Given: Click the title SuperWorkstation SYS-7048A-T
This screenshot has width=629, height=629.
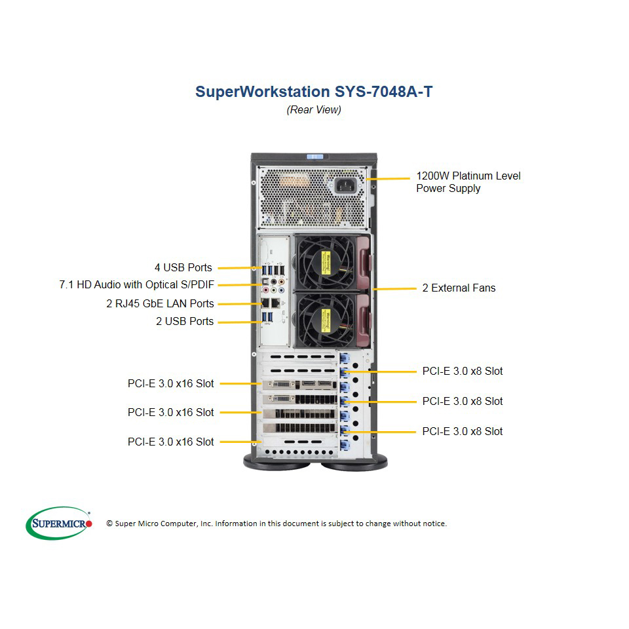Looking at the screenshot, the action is pyautogui.click(x=314, y=92).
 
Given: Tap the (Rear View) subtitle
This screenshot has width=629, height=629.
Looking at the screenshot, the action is pyautogui.click(x=314, y=109).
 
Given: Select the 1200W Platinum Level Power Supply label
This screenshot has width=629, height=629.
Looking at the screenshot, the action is pyautogui.click(x=468, y=182).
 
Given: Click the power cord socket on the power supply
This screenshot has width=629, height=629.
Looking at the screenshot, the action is pyautogui.click(x=345, y=185).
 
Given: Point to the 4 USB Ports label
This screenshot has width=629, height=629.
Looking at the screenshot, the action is pyautogui.click(x=183, y=267).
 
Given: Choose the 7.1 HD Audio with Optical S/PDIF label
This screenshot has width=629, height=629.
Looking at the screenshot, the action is pyautogui.click(x=137, y=285).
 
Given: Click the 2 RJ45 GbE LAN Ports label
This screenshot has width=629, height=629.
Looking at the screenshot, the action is pyautogui.click(x=160, y=303).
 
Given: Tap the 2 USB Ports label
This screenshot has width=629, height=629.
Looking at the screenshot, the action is pyautogui.click(x=185, y=321).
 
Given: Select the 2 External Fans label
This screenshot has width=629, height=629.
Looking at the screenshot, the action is pyautogui.click(x=459, y=288).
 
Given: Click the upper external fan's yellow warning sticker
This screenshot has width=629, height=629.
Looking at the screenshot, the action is pyautogui.click(x=326, y=262).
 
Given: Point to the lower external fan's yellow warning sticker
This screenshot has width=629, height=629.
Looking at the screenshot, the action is pyautogui.click(x=326, y=320).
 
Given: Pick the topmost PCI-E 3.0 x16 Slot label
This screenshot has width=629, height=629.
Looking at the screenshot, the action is pyautogui.click(x=171, y=383).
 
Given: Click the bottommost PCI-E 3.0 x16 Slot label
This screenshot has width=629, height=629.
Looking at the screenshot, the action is pyautogui.click(x=171, y=442).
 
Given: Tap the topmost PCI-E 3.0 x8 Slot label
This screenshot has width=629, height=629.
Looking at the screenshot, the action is pyautogui.click(x=463, y=371).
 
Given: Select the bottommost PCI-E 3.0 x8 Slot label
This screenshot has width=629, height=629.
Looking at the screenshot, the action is pyautogui.click(x=463, y=431).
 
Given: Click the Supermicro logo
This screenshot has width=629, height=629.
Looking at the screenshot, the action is pyautogui.click(x=59, y=523).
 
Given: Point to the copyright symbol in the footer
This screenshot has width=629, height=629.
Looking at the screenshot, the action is pyautogui.click(x=109, y=524).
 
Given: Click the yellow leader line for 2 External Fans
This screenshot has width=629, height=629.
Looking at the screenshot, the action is pyautogui.click(x=394, y=288).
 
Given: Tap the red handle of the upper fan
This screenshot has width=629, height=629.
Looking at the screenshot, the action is pyautogui.click(x=364, y=262).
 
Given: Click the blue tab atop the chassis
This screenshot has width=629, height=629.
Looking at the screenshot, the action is pyautogui.click(x=315, y=157).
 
